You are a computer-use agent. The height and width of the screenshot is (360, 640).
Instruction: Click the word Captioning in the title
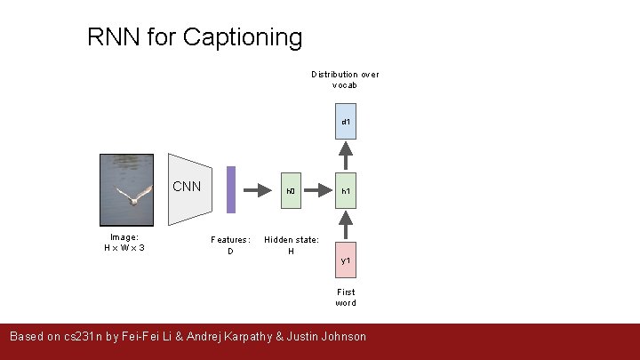[x=242, y=37]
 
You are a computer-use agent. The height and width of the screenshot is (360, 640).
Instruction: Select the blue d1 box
[x=346, y=122]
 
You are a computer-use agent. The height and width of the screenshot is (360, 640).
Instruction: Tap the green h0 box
[x=291, y=190]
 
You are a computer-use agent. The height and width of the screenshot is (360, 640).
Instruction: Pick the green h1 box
[x=346, y=190]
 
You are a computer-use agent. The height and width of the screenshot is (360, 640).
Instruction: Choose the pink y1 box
[x=346, y=260]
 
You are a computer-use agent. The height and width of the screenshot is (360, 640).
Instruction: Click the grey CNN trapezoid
[x=189, y=190]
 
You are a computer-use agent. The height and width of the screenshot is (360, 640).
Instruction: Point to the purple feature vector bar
[x=231, y=189]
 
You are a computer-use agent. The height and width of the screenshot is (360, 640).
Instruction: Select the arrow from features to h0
[x=257, y=190]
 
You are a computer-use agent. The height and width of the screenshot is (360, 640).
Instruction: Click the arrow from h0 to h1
[x=318, y=190]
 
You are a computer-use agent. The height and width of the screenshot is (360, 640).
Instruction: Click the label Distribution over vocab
[x=345, y=80]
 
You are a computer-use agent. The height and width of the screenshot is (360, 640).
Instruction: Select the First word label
[x=346, y=297]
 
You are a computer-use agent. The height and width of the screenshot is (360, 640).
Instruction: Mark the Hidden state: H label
[x=291, y=245]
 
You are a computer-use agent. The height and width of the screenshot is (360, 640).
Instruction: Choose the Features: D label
[x=230, y=245]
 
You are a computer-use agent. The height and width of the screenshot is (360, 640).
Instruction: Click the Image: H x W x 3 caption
[x=124, y=243]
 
